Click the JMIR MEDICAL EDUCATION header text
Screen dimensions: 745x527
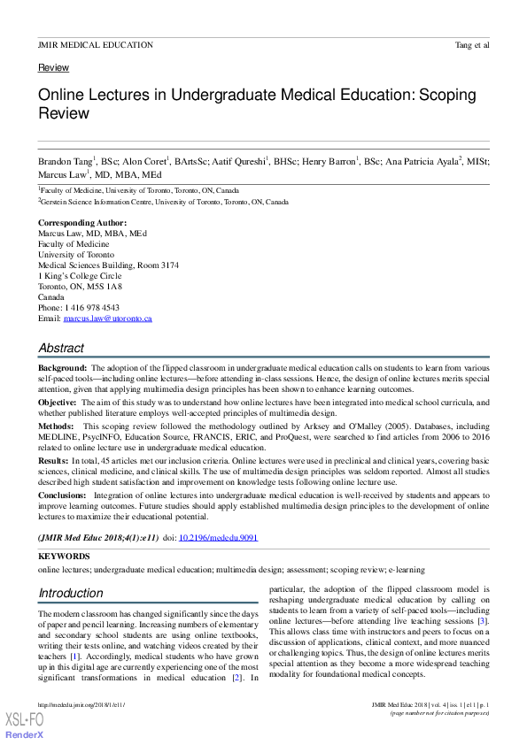pos(96,45)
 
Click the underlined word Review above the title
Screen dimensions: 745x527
pos(53,68)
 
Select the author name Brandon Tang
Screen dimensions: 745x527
pos(66,162)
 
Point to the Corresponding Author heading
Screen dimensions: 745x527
pos(82,223)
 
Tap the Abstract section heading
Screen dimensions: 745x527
pos(61,348)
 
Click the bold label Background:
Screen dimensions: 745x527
pos(62,367)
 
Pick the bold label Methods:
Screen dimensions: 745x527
pos(56,426)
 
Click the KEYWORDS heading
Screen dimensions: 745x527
pos(64,556)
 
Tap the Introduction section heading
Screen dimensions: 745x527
pos(71,593)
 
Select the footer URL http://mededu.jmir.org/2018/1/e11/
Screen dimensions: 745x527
pos(81,704)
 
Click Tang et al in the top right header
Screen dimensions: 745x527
pos(470,45)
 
